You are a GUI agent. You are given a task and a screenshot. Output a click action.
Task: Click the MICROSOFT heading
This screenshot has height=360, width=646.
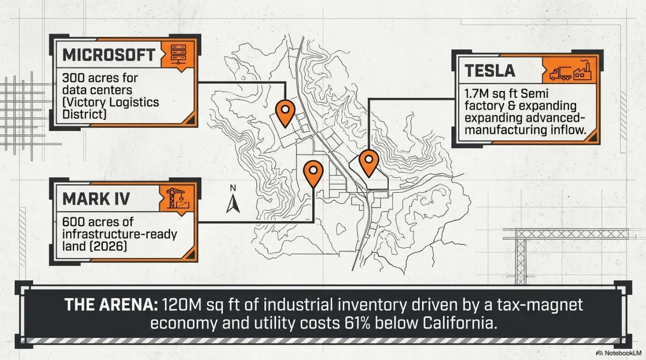[x=109, y=55]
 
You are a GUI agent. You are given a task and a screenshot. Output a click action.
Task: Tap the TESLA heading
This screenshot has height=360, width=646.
[x=490, y=70]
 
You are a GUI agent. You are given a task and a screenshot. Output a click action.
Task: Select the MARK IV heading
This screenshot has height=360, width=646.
[x=96, y=199]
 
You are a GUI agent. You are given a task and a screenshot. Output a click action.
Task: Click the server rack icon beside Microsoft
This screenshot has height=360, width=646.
[x=178, y=54]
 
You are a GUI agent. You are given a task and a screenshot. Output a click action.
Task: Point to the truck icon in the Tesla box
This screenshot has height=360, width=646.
[x=560, y=74]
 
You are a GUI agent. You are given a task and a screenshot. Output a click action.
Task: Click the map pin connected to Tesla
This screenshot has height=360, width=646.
[x=369, y=163]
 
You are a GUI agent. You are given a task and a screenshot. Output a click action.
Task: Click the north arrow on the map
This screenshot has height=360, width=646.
[x=233, y=203]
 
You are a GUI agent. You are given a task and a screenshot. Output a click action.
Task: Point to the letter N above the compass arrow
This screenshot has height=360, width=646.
[x=233, y=188]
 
